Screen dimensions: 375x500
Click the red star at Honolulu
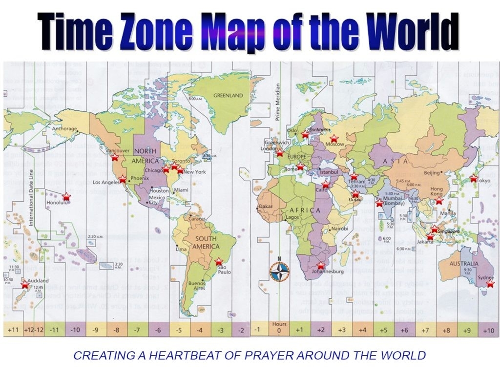(66, 196)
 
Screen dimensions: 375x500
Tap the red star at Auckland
(25, 284)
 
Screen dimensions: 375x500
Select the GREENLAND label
(228, 96)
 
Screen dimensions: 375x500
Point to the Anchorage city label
(64, 129)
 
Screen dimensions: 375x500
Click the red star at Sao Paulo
(219, 261)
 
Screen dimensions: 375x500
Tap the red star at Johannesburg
(321, 266)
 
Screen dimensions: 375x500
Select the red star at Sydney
(490, 284)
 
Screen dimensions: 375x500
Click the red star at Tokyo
(473, 178)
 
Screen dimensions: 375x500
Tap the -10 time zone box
(75, 331)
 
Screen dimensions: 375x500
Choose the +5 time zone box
(384, 331)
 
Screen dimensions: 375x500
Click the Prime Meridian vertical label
(278, 103)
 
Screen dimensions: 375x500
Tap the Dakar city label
(266, 207)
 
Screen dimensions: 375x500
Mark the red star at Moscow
(334, 139)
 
